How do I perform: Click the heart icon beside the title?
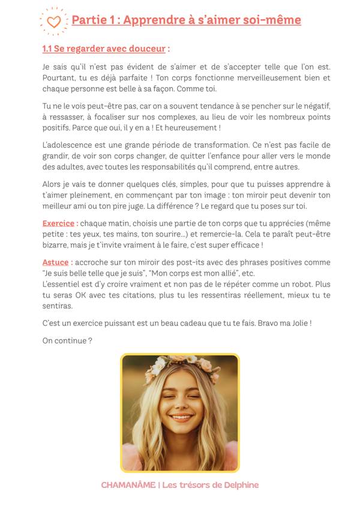[x=53, y=22]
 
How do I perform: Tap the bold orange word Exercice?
[x=58, y=223]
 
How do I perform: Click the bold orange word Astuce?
[x=55, y=262]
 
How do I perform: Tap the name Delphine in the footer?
[x=238, y=484]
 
